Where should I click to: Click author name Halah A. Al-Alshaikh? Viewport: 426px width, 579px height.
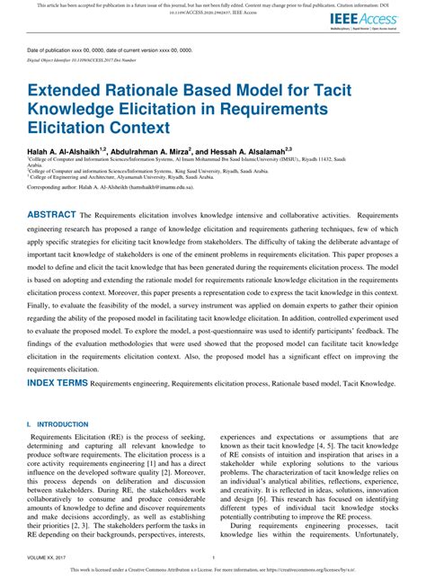click(x=67, y=153)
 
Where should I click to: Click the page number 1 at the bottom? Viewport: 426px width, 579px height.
click(x=212, y=557)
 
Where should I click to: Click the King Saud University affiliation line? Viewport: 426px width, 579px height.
click(x=180, y=170)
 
